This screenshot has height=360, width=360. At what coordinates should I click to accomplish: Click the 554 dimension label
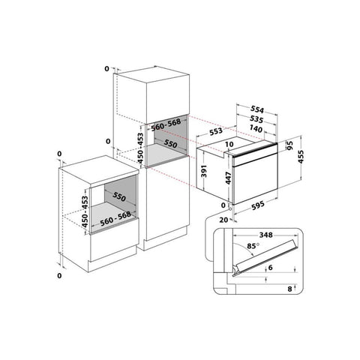(257, 109)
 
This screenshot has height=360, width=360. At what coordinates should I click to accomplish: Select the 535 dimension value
(256, 120)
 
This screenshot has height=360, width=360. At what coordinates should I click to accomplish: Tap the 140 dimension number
(256, 129)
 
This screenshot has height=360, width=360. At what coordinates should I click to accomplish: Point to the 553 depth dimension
(216, 131)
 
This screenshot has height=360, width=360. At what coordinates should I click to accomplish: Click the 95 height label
(289, 145)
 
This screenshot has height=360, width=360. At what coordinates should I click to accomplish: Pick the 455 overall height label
(301, 157)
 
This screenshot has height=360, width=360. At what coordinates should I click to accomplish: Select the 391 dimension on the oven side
(204, 171)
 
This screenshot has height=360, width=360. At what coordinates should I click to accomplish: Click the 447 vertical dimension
(229, 178)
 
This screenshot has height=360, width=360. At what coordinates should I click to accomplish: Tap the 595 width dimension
(258, 205)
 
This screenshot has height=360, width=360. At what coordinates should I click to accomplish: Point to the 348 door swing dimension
(265, 235)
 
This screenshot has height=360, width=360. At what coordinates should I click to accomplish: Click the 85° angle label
(253, 246)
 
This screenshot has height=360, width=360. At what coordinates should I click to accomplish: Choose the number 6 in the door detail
(270, 268)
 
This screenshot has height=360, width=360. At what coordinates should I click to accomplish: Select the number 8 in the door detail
(289, 289)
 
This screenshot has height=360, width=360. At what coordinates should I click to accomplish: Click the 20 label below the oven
(223, 220)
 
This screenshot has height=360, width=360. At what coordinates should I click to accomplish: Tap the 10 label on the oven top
(229, 144)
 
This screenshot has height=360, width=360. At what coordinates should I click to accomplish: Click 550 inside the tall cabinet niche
(170, 144)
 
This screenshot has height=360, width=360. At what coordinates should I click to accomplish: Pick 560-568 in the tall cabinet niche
(166, 124)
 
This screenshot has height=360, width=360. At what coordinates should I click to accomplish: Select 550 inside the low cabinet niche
(119, 196)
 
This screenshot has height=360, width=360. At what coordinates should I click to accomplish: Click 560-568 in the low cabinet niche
(115, 218)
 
